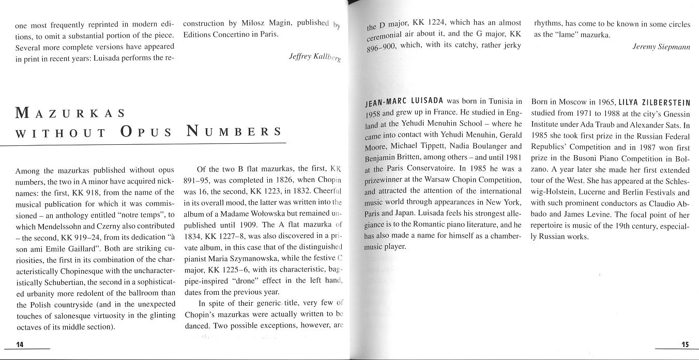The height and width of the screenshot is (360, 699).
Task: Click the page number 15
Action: coord(686,344)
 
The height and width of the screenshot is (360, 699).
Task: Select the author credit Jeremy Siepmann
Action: coord(661,47)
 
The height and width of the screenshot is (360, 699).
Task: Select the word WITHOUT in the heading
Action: coord(61,132)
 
